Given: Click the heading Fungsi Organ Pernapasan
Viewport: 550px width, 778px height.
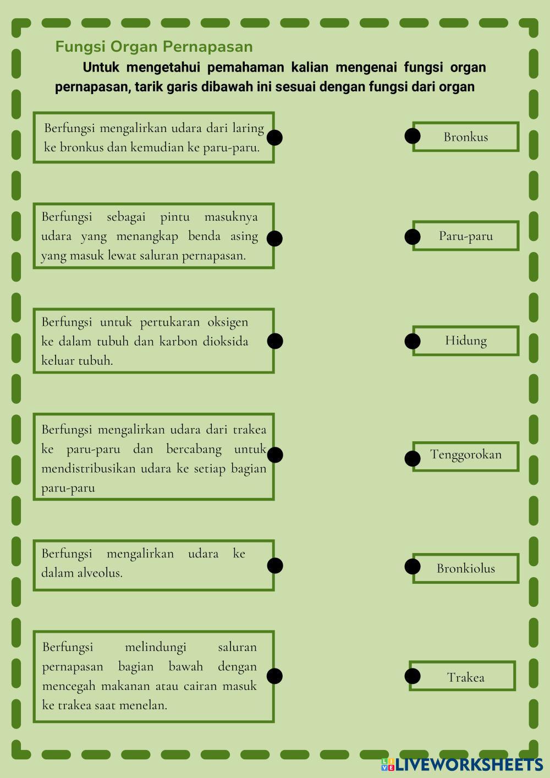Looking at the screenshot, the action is [x=154, y=47].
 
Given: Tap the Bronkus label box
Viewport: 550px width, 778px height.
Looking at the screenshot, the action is [x=466, y=137].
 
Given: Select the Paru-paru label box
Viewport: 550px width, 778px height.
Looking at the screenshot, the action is [x=466, y=236].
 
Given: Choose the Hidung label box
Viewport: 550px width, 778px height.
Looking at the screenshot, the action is [x=466, y=341].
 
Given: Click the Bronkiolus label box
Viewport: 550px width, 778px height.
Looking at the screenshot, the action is [x=466, y=568].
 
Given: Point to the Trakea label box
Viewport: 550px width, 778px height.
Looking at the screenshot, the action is [x=463, y=677].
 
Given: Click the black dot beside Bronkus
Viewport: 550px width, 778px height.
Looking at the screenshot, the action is [x=413, y=135].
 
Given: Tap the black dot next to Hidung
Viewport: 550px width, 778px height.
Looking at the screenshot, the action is [x=413, y=341].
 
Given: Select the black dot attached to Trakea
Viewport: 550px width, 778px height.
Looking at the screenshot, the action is [x=413, y=676].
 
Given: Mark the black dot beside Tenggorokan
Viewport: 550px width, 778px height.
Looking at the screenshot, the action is [x=413, y=458].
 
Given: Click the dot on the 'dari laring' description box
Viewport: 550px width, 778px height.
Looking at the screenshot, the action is [x=274, y=138].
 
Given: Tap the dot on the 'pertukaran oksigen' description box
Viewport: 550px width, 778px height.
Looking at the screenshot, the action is [x=274, y=341].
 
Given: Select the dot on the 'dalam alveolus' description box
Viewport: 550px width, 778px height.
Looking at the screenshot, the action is [x=274, y=566].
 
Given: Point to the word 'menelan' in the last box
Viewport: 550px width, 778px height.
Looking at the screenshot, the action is [x=146, y=705].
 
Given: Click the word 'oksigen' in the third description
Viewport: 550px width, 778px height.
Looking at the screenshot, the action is [x=228, y=322].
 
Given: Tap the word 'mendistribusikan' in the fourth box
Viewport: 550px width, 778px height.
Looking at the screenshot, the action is [x=88, y=469].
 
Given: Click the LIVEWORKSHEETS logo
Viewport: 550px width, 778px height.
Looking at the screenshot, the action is [x=462, y=764].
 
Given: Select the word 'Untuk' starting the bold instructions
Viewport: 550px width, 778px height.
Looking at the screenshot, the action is [x=101, y=68].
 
